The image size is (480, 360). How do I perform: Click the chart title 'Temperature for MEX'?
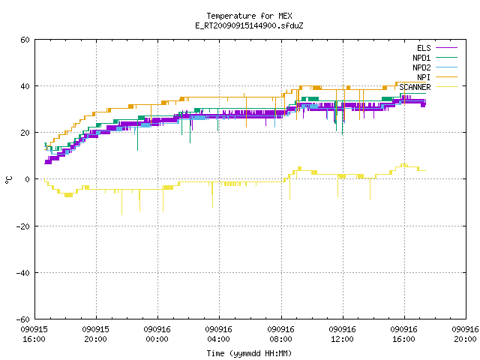tap(249, 16)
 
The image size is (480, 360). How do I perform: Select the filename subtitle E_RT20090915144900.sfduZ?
tap(249, 25)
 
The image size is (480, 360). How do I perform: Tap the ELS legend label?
tap(424, 48)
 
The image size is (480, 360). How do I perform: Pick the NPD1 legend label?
tap(421, 58)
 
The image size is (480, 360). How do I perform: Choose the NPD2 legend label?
tap(421, 67)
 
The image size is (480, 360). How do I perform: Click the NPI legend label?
tap(424, 77)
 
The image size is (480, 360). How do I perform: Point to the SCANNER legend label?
tap(415, 87)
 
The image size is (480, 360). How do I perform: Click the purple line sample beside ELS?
tap(447, 48)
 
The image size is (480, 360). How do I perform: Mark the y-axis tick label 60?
tap(25, 40)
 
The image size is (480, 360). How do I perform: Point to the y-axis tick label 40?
tap(25, 86)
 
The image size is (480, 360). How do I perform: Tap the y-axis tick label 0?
tap(28, 179)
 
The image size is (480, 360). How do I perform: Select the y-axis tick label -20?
tap(23, 226)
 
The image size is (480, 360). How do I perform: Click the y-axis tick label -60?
tap(23, 319)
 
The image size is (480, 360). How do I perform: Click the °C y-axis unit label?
tap(9, 180)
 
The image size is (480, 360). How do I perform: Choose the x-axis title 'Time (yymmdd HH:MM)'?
tap(249, 353)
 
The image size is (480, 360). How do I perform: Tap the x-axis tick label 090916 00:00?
tap(157, 334)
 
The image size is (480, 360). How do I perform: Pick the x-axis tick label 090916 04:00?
tap(218, 334)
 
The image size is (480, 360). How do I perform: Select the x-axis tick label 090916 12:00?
tap(342, 334)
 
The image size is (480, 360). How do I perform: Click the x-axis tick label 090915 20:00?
tap(95, 334)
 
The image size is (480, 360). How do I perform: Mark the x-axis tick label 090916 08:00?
tap(280, 334)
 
